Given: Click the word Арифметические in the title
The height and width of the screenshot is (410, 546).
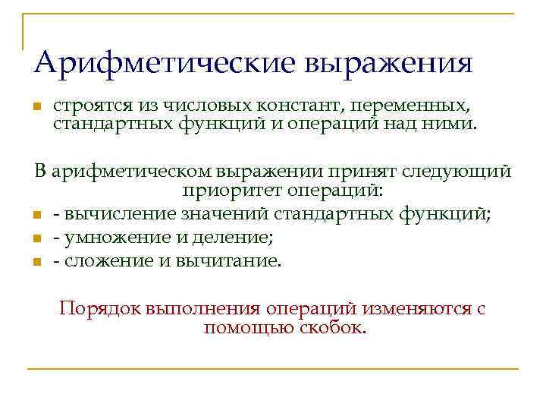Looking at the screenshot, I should point(163,61).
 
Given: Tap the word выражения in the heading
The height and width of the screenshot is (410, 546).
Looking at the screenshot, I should point(388,63).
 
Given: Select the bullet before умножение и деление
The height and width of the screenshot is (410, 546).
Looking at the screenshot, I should point(37,240).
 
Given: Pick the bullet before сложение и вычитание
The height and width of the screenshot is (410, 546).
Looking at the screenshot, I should point(37,263).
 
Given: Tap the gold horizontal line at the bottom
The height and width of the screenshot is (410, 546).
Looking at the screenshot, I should point(273,369).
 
